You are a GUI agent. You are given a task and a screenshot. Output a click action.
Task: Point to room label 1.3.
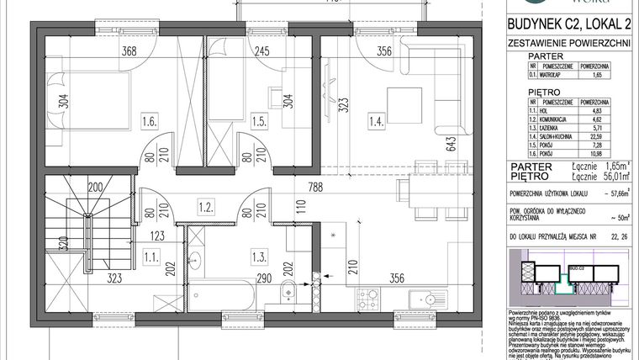click(x=258, y=253)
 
